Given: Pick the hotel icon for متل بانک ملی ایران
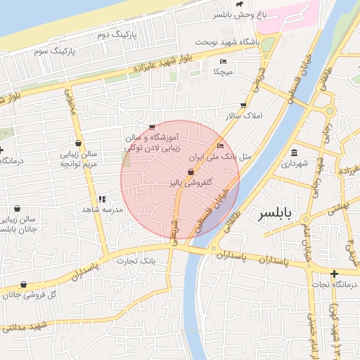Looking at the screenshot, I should tap(221, 146).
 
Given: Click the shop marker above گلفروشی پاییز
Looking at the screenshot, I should tap(190, 172).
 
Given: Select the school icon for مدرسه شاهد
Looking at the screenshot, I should tap(103, 199).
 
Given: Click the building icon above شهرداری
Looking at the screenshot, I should tap(294, 153).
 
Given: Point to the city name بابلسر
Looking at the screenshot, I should tap(279, 212).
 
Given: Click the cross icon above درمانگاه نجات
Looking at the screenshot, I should tap(334, 273).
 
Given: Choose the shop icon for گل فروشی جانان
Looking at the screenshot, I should tap(24, 285).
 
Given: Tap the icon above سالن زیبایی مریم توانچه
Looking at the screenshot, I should tap(78, 143).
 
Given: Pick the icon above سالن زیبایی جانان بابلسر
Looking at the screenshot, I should tap(18, 208).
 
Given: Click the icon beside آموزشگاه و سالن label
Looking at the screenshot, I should tap(152, 127).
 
